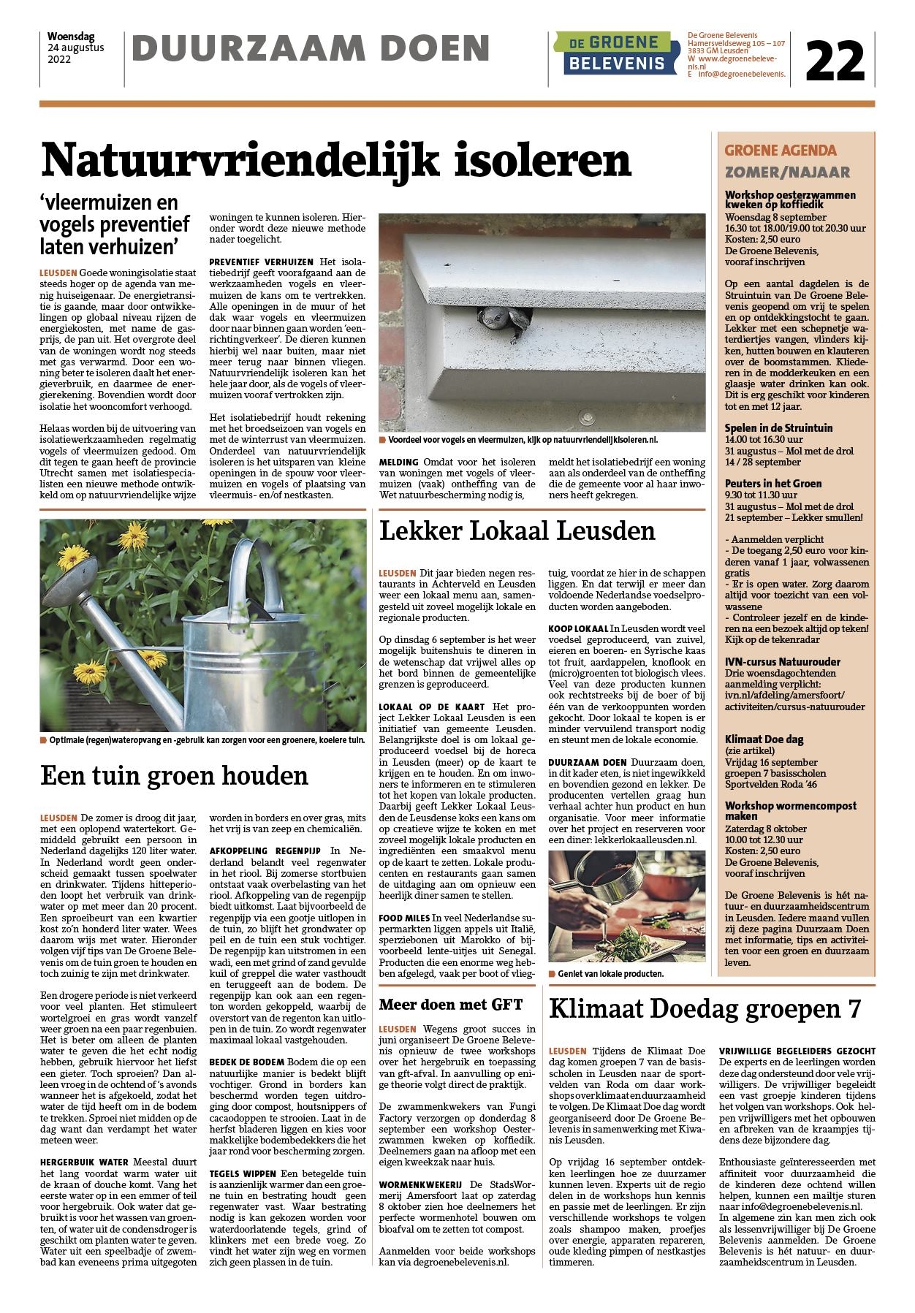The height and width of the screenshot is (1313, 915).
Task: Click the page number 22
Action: click(835, 61)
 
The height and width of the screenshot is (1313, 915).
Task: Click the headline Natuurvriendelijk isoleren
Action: click(335, 160)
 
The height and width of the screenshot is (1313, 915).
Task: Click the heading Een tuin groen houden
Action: click(175, 775)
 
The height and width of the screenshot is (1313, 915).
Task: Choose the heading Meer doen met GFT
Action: click(451, 1004)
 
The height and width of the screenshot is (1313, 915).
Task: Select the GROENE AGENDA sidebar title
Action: click(781, 151)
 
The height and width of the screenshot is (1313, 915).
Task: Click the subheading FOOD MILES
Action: click(404, 917)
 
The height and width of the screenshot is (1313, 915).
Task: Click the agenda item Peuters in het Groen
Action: click(773, 483)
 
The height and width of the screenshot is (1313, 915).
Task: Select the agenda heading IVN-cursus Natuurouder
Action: click(782, 662)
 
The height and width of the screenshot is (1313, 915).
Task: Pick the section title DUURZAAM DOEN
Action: click(311, 50)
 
